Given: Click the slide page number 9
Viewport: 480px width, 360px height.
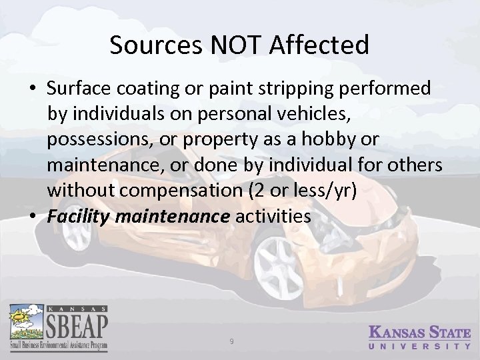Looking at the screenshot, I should (231, 341).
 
